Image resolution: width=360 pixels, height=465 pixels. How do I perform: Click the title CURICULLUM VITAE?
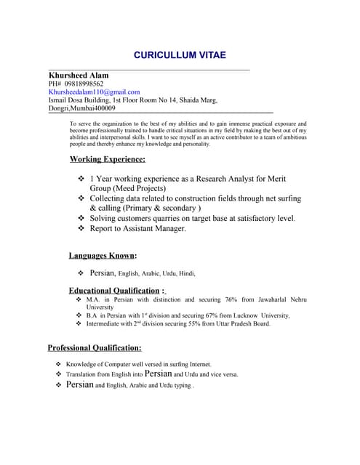click(180, 55)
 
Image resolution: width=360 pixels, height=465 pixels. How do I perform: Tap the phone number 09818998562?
click(84, 84)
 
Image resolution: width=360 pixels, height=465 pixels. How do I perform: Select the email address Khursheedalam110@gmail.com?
click(94, 92)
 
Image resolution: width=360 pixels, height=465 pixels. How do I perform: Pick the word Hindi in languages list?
click(187, 274)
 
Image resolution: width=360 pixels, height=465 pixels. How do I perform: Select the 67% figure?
click(209, 315)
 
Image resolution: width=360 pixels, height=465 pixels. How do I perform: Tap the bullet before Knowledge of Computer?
click(58, 364)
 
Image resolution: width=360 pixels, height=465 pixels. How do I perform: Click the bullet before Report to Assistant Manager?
click(81, 228)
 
